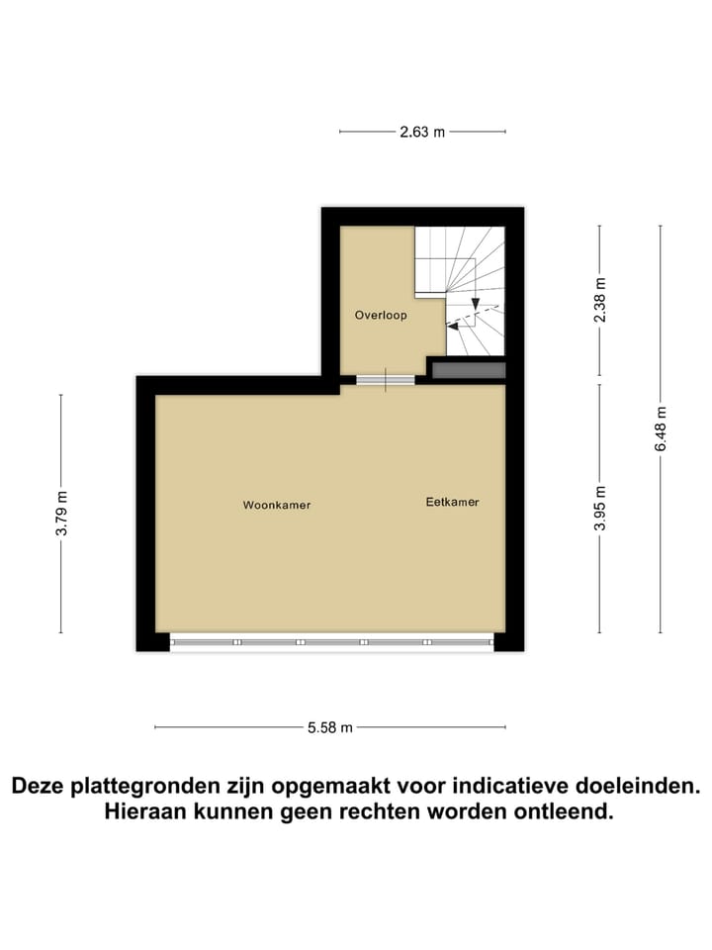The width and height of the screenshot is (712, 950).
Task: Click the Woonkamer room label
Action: (277, 505)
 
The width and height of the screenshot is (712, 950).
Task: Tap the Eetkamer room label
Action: (452, 502)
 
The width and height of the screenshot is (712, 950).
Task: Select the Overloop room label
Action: (381, 316)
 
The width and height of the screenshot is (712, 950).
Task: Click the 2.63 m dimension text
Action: (422, 132)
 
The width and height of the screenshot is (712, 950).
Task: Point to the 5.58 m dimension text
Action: (330, 727)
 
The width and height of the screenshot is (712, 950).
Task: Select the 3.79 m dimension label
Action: (61, 514)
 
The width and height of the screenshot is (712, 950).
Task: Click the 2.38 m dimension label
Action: (599, 300)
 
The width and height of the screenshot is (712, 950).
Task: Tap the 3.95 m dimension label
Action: (599, 509)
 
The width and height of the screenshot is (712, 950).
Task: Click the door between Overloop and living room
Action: (386, 380)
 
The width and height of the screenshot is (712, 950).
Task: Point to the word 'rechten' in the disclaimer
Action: (391, 812)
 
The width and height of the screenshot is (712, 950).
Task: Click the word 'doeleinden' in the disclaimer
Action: (646, 787)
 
